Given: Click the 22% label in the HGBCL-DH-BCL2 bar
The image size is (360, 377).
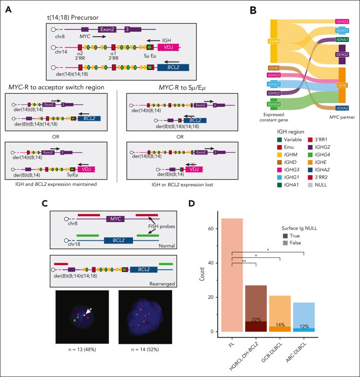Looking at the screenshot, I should [x=256, y=320].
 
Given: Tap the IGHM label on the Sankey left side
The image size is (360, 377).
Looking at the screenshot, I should [x=274, y=41].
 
